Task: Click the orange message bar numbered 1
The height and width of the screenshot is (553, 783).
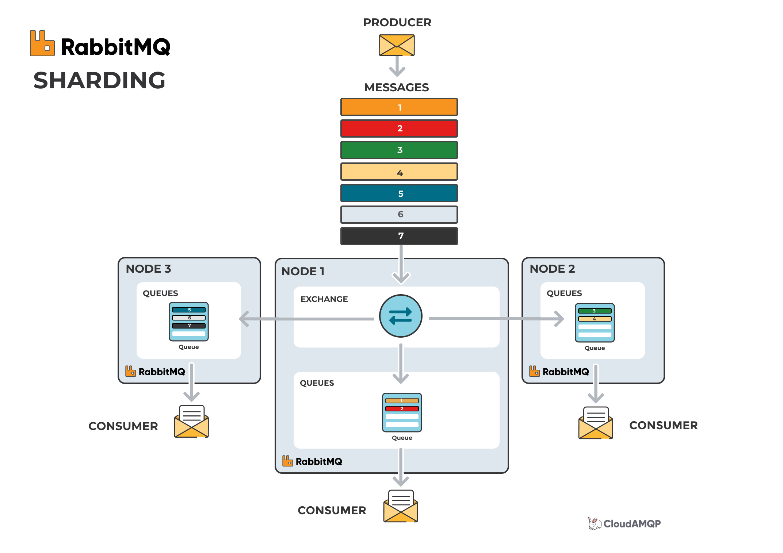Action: [x=399, y=107]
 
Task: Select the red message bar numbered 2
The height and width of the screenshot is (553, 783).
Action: [x=399, y=128]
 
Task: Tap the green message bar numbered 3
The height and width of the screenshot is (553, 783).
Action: [x=399, y=150]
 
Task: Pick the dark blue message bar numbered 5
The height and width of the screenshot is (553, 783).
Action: [x=399, y=193]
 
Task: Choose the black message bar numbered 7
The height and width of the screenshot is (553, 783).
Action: [x=399, y=236]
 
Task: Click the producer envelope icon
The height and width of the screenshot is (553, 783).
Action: [x=397, y=45]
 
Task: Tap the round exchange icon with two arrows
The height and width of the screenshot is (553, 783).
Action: [x=401, y=316]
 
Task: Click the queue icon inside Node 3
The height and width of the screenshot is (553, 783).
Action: [x=188, y=322]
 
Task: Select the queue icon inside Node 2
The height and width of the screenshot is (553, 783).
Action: [x=595, y=323]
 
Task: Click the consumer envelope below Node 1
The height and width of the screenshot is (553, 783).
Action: [x=401, y=506]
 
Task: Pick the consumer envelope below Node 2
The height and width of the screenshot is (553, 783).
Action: [x=596, y=423]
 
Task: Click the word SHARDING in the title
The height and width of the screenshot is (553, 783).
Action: [x=99, y=80]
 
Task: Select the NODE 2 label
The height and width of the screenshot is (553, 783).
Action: [x=552, y=269]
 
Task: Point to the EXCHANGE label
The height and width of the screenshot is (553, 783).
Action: [x=324, y=299]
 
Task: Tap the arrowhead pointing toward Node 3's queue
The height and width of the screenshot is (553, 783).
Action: [x=244, y=319]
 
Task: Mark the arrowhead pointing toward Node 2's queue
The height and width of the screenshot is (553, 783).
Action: [x=559, y=319]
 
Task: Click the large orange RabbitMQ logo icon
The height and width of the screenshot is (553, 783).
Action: [x=42, y=43]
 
